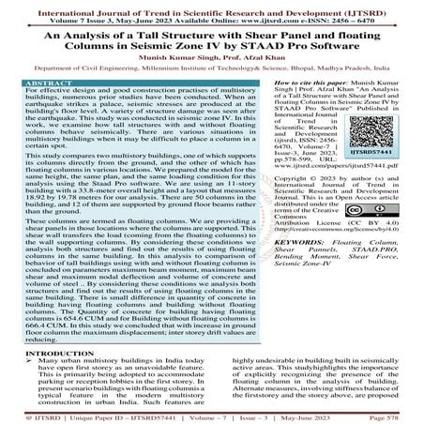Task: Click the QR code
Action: (x=378, y=136)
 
